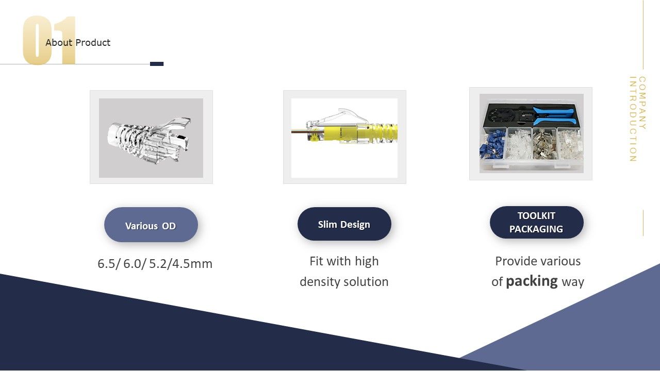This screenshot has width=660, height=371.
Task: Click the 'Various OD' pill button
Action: pos(151,225)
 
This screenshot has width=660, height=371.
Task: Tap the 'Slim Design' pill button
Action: pos(344,224)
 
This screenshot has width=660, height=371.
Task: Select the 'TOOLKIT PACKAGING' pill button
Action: pos(537,222)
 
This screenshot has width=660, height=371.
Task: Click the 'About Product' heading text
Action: pos(78,43)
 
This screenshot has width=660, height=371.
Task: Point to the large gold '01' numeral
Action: pos(49,40)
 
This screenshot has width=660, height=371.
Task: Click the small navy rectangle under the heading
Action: pos(157,64)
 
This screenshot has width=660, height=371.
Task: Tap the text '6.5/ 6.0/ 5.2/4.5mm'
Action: pos(155,263)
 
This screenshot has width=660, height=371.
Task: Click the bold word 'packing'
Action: pos(532,281)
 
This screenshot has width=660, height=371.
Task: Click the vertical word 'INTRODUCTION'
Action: pos(633,119)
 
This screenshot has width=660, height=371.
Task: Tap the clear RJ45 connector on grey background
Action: pos(149,139)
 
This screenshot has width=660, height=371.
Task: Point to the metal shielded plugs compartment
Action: pos(544,144)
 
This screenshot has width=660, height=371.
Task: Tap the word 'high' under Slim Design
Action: pos(367,261)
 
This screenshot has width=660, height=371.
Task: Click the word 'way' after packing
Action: pos(573,282)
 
